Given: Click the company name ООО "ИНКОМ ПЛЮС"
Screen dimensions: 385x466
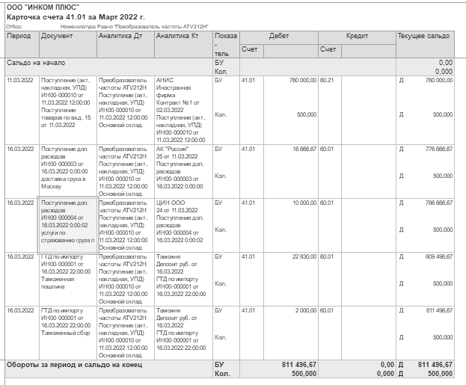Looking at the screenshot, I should (x=43, y=7).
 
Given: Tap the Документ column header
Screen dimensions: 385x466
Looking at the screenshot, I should (x=57, y=36).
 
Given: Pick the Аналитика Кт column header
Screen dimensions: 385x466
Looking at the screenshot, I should (x=174, y=36).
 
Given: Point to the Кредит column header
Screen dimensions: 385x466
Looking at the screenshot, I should (x=357, y=36).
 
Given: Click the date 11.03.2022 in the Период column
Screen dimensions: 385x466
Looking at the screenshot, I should (x=20, y=78).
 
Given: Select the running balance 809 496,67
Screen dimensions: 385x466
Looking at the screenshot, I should (x=434, y=256).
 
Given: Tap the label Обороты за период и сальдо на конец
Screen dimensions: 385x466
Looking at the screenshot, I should (x=76, y=364).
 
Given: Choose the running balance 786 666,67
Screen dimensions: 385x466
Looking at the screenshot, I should (x=434, y=203).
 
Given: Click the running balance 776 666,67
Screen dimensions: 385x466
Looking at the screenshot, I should (x=434, y=149).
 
